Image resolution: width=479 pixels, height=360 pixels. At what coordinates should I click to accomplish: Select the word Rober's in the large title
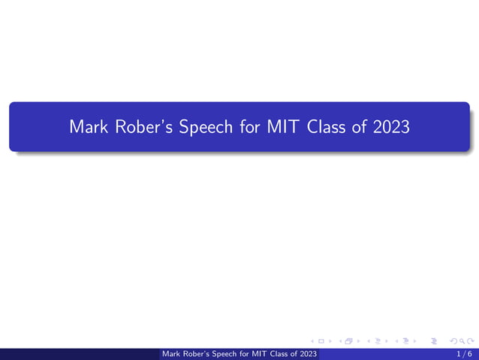(141, 126)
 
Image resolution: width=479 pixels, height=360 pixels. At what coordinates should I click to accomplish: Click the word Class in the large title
(327, 126)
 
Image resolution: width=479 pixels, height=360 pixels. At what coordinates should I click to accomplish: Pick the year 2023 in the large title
(391, 126)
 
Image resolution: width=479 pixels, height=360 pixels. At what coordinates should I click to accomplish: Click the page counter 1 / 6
(464, 353)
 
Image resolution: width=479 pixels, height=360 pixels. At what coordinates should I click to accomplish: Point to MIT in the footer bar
(260, 353)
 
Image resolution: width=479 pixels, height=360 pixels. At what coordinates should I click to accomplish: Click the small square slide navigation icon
(321, 341)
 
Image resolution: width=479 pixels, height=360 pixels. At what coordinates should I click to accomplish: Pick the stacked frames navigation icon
(348, 341)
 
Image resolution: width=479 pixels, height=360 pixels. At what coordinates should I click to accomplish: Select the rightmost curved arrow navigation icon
(470, 341)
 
